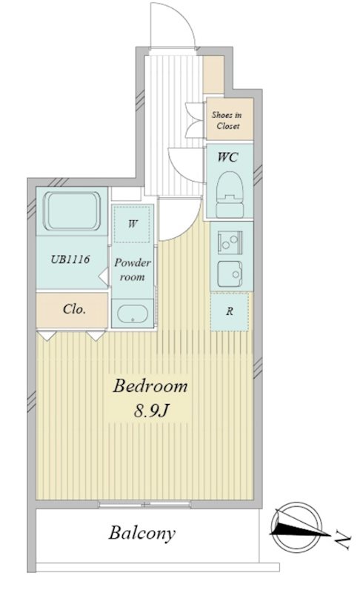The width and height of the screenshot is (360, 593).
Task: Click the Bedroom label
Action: [150, 386]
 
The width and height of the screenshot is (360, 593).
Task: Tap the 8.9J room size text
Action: [150, 410]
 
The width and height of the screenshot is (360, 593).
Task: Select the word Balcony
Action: [142, 533]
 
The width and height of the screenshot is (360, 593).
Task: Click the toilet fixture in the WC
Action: [230, 194]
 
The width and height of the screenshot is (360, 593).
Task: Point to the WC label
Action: [227, 156]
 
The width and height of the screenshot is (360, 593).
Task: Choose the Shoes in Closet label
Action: [227, 120]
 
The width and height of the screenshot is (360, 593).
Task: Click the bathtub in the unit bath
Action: [72, 211]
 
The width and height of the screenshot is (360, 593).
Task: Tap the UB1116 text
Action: [70, 259]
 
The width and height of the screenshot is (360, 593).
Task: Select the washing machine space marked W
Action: [132, 224]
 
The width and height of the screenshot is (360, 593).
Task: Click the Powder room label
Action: [132, 270]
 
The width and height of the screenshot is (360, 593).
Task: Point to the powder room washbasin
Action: [132, 314]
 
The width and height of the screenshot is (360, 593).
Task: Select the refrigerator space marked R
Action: [230, 311]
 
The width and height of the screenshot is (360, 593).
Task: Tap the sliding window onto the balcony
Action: [144, 504]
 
